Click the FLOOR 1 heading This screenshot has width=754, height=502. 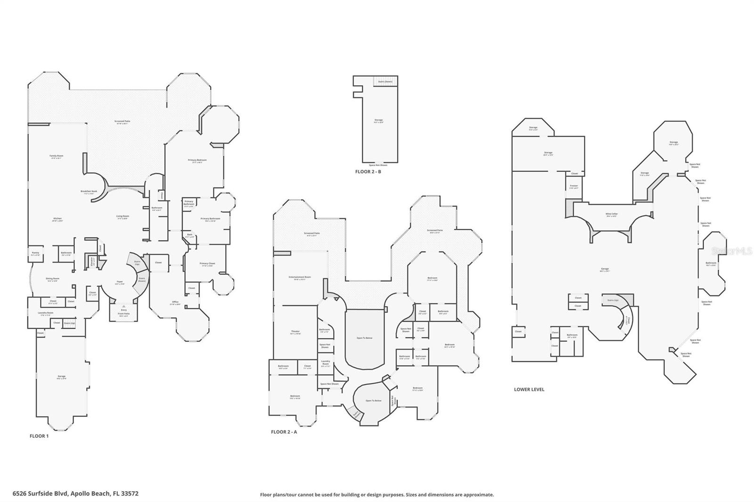pos(39,436)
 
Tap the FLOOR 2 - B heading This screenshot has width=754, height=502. pos(368,172)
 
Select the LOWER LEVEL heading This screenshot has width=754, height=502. pos(529,389)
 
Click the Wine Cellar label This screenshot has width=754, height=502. pos(611,214)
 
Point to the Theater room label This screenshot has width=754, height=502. pos(295,332)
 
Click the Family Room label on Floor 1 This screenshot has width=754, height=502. pos(57,156)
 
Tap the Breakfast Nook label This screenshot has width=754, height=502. pos(89,192)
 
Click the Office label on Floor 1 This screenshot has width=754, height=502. pos(175,302)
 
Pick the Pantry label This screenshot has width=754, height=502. pos(35,253)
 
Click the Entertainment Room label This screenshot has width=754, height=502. pos(300,277)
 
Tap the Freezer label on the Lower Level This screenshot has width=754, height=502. pos(574,186)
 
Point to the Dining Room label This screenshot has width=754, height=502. pos(52,279)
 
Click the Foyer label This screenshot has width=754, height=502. pos(120,282)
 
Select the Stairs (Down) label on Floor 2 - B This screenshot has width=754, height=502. pos(385,82)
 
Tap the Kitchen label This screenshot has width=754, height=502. pos(57,219)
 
